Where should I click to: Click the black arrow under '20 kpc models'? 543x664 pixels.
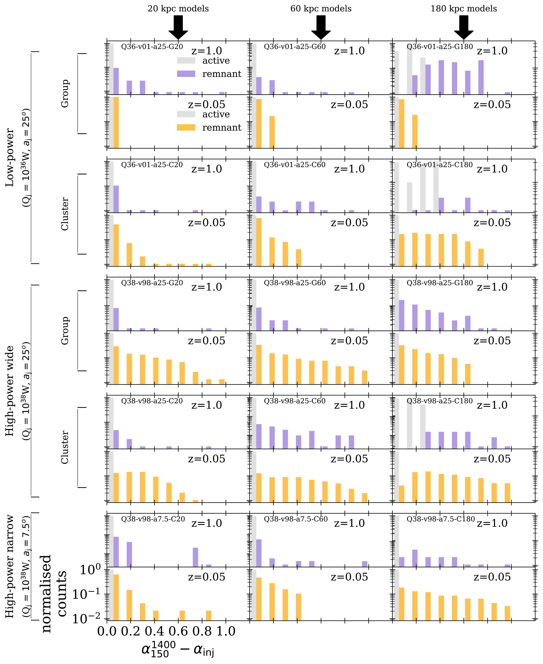point(178,28)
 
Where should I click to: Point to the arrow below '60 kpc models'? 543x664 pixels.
point(321,28)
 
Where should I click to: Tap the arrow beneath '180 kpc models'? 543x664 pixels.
point(464,28)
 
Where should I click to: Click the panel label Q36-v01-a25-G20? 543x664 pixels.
point(152,47)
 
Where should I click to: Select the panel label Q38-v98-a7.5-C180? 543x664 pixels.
point(441,519)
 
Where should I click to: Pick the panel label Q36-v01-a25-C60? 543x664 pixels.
point(295,165)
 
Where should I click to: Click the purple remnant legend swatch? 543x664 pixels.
point(186,74)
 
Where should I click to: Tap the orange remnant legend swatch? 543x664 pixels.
point(186,127)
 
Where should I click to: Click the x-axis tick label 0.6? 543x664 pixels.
point(178,631)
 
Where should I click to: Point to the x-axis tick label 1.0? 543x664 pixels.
point(226,631)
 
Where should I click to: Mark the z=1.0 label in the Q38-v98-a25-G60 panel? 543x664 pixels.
point(349,287)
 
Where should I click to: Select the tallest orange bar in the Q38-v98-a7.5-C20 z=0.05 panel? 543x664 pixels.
point(116,597)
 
